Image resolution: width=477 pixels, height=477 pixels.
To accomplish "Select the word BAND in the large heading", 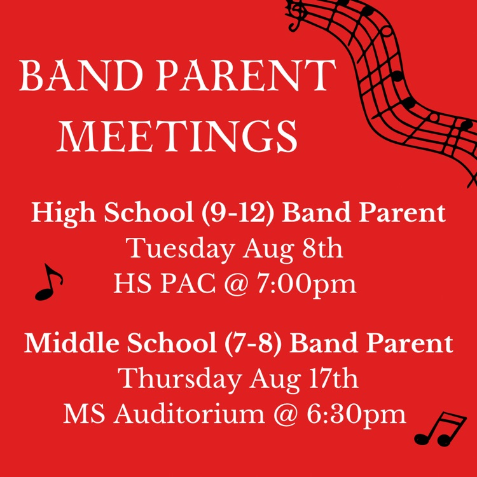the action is (81, 75).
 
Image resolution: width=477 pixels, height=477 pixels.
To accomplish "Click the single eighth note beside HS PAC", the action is (49, 282).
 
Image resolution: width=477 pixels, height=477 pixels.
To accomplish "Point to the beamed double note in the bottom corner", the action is (439, 429).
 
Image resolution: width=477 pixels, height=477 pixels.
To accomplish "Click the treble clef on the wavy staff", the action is (296, 15).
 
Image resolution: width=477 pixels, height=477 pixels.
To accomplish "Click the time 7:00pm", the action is (307, 284).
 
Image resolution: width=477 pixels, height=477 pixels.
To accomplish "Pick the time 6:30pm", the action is (356, 414).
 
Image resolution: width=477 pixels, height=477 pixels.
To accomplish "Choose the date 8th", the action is (322, 247).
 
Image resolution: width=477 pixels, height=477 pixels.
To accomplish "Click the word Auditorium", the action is (190, 413).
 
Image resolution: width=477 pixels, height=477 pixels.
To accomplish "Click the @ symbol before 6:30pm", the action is (286, 415).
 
